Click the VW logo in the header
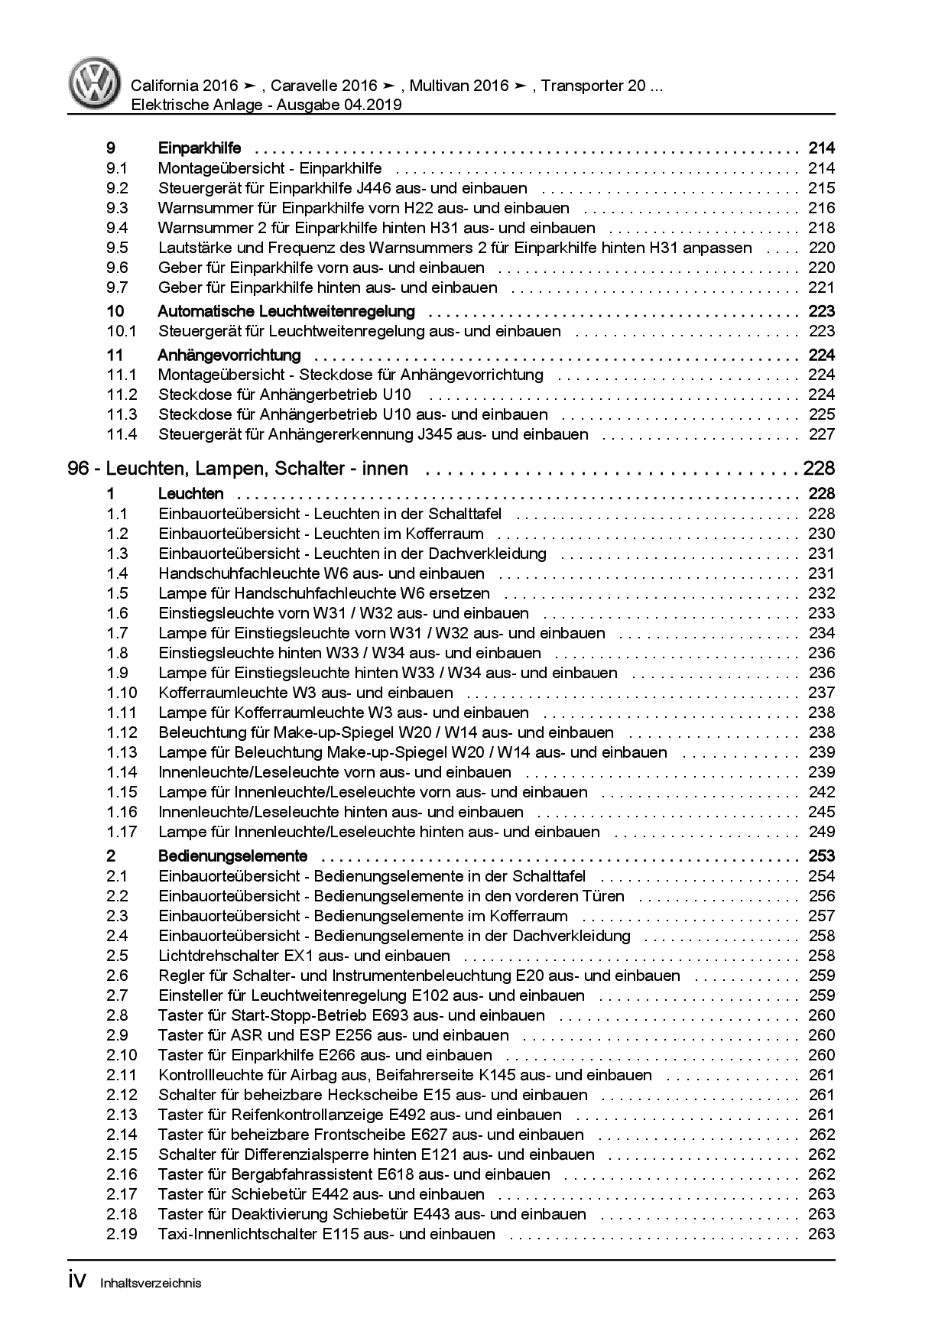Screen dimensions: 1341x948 (94, 83)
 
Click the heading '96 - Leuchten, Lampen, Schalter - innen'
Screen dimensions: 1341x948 (238, 469)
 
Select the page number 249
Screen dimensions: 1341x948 (821, 832)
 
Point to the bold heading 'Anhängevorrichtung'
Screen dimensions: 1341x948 (229, 355)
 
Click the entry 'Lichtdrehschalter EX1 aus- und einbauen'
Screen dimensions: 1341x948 (304, 956)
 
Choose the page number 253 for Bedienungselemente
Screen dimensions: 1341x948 (821, 856)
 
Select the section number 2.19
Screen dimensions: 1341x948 (122, 1234)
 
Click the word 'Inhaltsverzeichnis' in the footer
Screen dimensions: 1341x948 (151, 1284)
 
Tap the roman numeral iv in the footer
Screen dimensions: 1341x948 (80, 1281)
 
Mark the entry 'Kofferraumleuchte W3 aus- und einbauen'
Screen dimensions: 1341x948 (306, 693)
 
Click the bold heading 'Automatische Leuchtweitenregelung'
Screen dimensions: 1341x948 (286, 311)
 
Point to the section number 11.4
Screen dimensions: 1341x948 (122, 434)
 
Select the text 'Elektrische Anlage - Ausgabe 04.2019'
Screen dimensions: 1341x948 (266, 106)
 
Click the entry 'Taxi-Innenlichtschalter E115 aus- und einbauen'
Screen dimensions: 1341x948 (326, 1234)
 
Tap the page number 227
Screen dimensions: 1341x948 (821, 434)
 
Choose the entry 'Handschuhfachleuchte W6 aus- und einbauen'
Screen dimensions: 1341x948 (321, 573)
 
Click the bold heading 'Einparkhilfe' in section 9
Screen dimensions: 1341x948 (199, 148)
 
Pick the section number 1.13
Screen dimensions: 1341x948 (122, 752)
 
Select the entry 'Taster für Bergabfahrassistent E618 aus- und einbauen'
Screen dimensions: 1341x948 (354, 1174)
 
